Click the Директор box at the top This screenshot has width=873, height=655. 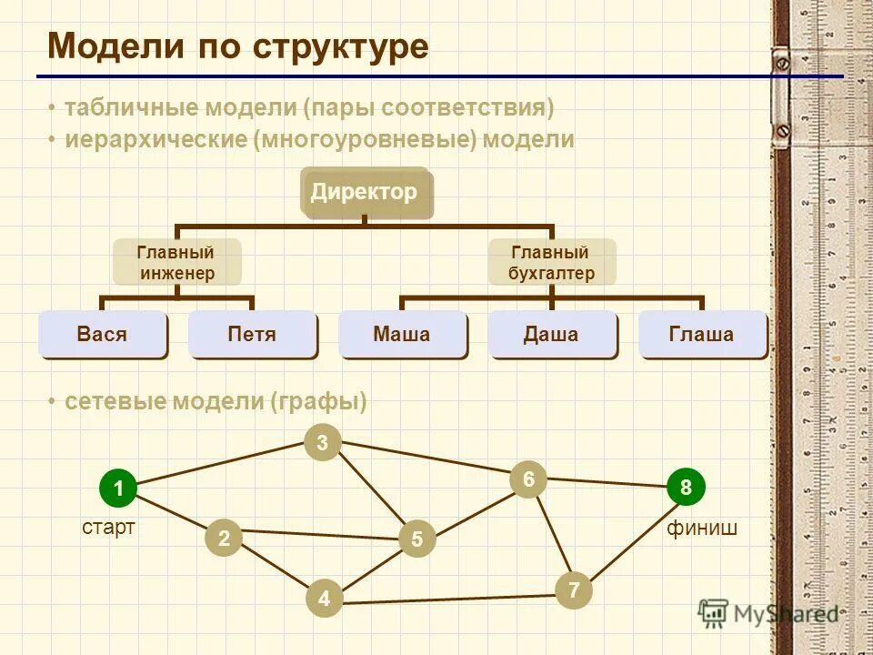[365, 192]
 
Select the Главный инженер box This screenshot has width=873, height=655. [176, 262]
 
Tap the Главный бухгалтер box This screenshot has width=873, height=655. [551, 262]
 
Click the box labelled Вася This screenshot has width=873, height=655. [103, 334]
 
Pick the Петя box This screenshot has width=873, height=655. [252, 334]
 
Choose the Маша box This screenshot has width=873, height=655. [402, 334]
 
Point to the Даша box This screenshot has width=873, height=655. [551, 334]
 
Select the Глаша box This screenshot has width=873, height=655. [701, 334]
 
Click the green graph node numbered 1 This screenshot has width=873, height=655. [117, 489]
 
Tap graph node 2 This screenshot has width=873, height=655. [224, 539]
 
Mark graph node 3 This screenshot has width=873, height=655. [322, 443]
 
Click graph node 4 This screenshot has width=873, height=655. [323, 598]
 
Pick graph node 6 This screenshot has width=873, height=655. [527, 479]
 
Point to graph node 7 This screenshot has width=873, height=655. [574, 591]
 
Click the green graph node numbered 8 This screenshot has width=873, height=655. [686, 488]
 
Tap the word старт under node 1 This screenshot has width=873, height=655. [108, 528]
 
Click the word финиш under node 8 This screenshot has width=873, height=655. [701, 528]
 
